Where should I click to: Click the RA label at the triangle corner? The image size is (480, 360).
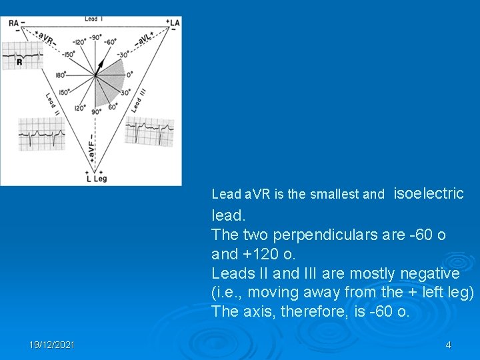tap(13, 23)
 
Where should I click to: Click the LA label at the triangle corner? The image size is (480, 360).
tap(175, 23)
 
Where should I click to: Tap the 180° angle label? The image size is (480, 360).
tap(59, 75)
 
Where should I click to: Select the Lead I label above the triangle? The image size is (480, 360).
tap(91, 19)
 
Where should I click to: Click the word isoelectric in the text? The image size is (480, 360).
tap(429, 193)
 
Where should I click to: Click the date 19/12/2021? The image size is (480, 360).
tap(52, 345)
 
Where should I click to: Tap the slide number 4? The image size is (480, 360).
tap(448, 345)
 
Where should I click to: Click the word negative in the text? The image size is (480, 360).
tap(428, 273)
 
